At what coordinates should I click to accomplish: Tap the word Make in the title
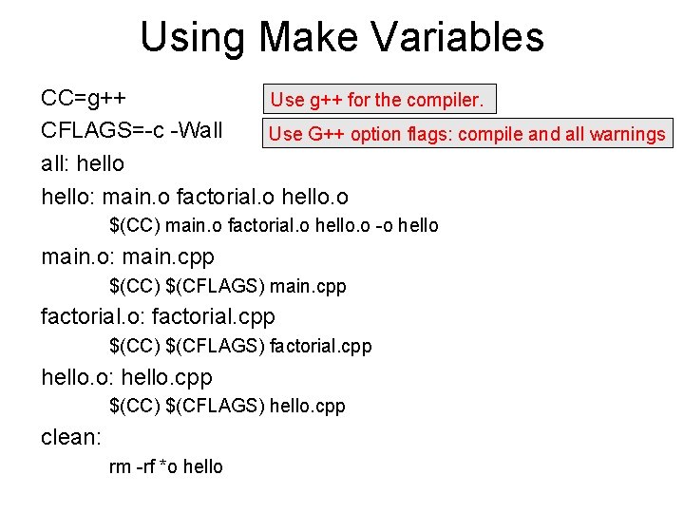click(310, 38)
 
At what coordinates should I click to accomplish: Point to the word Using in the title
click(194, 38)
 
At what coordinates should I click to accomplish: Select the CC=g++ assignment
click(85, 99)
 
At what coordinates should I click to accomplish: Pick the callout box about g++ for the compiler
click(378, 99)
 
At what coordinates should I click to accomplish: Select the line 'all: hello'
click(83, 163)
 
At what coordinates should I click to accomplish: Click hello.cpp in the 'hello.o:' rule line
click(166, 377)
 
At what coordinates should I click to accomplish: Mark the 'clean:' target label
click(71, 437)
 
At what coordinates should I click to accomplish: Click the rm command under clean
click(121, 466)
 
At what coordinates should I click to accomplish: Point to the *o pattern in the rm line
click(168, 466)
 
